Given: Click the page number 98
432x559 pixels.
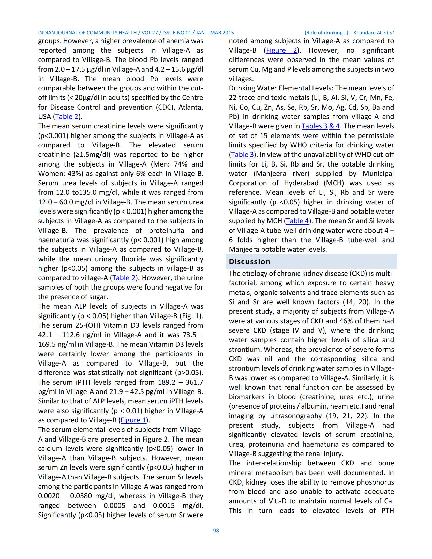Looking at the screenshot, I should click(x=216, y=531).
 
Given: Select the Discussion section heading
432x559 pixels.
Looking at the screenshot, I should click(x=249, y=261).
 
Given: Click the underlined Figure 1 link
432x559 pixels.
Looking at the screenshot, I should click(x=133, y=420).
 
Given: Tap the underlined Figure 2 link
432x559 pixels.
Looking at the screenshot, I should click(x=281, y=50).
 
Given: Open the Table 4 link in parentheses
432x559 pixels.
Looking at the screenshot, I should click(x=297, y=221).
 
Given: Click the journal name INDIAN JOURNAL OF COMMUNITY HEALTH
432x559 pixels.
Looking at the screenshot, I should click(x=87, y=33).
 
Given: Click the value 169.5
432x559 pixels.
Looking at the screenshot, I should click(x=47, y=344).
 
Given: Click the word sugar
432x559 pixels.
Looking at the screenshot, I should click(x=98, y=297).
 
